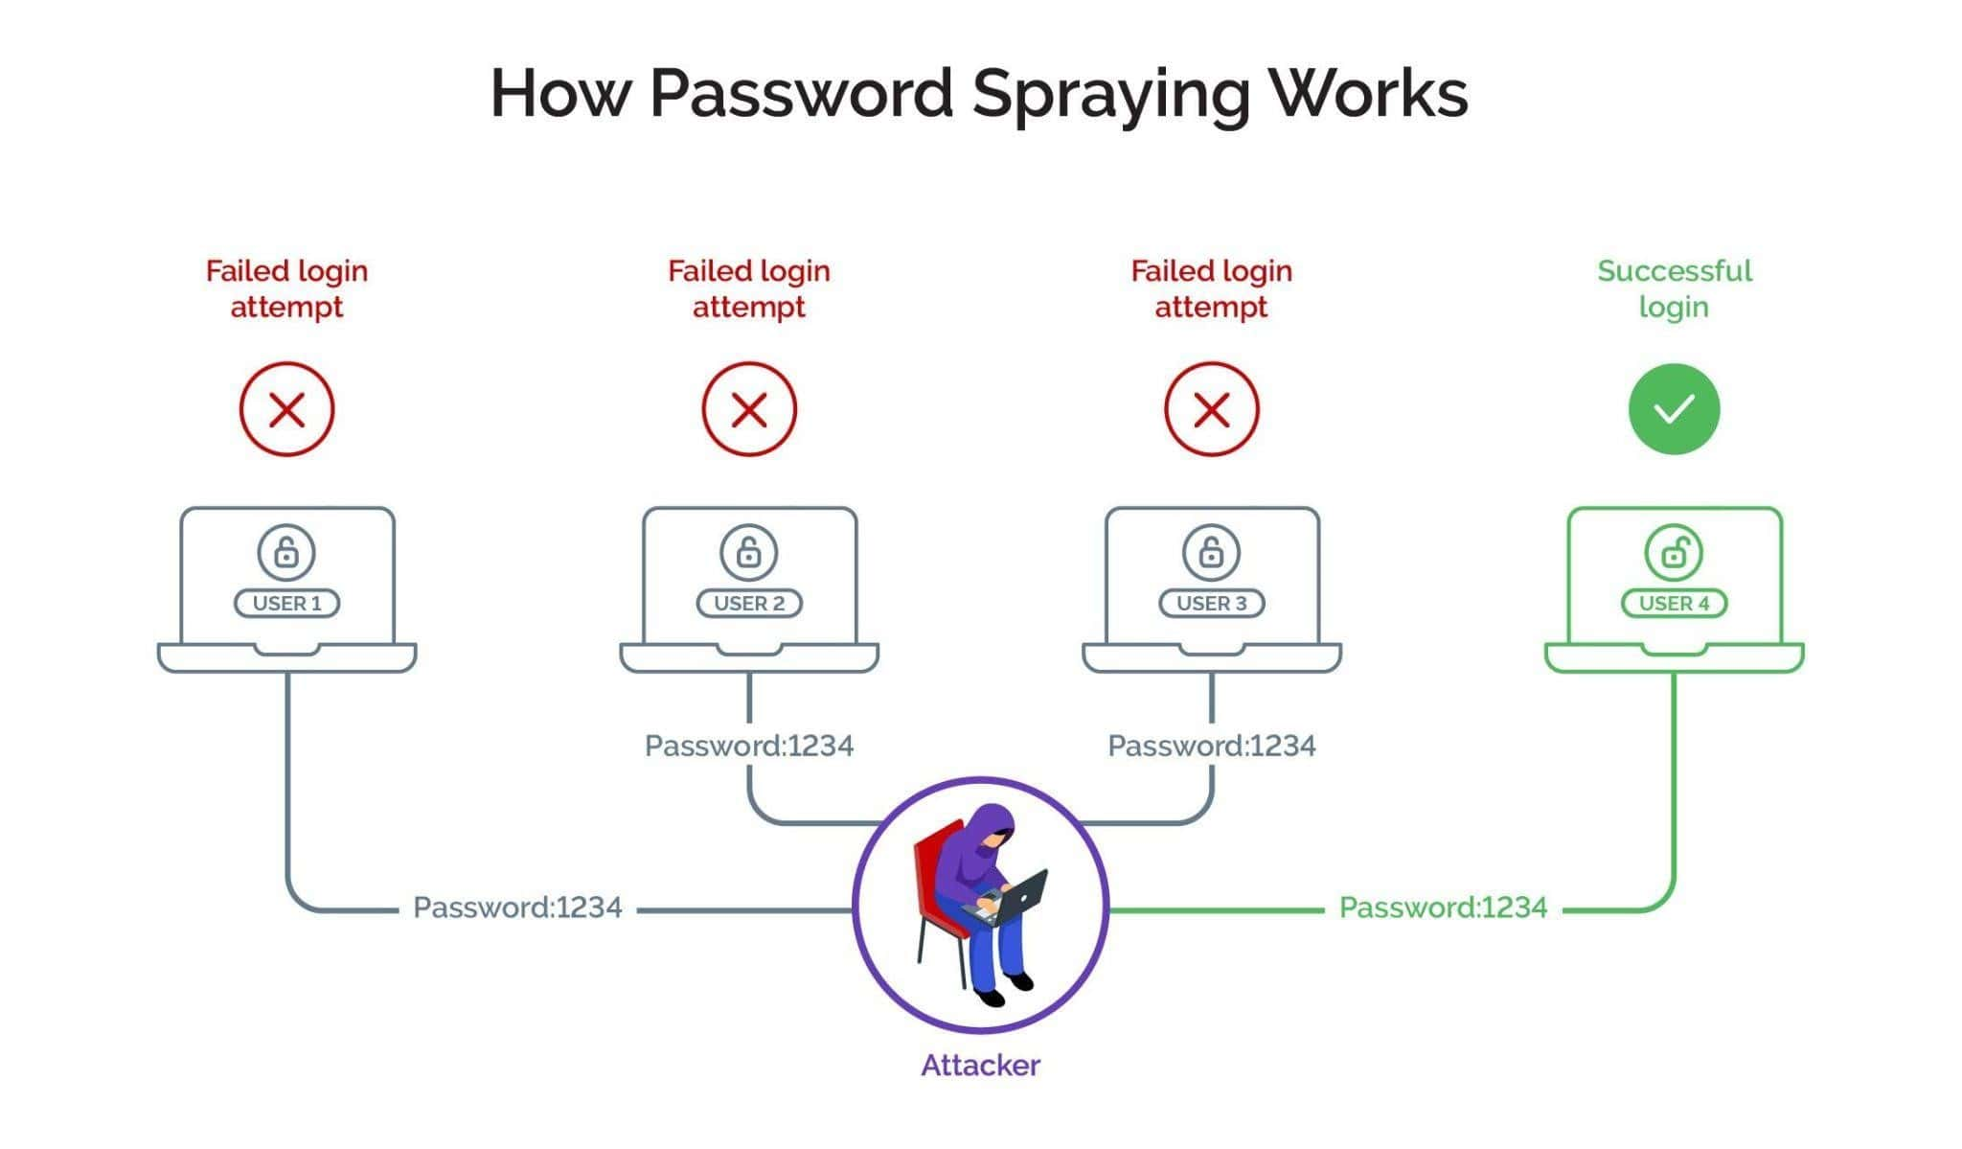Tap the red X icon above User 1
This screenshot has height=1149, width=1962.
click(x=286, y=409)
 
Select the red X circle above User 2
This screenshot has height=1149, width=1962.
click(x=749, y=409)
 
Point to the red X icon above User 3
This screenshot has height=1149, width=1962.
click(x=1211, y=409)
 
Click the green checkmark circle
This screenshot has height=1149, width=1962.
click(x=1674, y=409)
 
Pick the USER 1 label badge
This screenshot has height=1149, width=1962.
click(x=286, y=604)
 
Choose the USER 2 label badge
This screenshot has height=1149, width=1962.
click(x=749, y=604)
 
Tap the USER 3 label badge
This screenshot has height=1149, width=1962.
click(x=1211, y=604)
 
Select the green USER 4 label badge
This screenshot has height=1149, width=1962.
click(x=1674, y=604)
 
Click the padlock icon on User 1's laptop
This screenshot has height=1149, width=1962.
click(x=286, y=552)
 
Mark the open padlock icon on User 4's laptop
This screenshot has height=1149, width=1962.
click(x=1674, y=552)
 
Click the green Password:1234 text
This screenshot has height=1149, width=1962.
click(x=1443, y=908)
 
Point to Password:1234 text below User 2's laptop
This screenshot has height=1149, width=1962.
click(x=749, y=746)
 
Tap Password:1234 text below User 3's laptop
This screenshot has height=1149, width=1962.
click(x=1211, y=746)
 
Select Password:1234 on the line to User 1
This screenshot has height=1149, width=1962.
click(x=517, y=908)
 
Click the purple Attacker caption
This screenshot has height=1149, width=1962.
click(x=980, y=1065)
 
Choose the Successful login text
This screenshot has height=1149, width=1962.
click(x=1674, y=288)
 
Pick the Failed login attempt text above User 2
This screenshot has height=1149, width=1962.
click(x=749, y=288)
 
